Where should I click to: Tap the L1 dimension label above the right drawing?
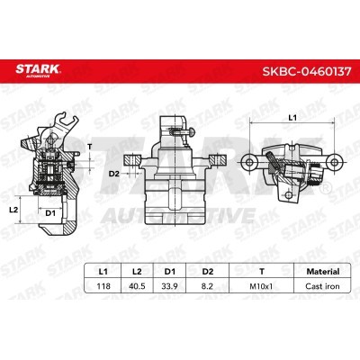pos(292,118)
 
